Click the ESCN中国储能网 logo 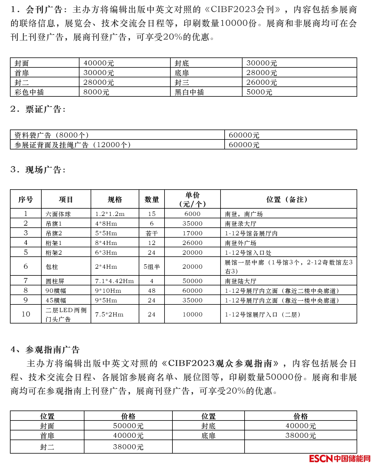340,459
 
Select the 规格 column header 115,200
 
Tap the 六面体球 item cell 58,214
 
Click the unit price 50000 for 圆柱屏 192,281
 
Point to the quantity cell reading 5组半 152,267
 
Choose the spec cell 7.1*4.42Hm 114,281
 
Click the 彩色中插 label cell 29,92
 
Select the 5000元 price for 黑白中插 259,92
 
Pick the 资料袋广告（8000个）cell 52,135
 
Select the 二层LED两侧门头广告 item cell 66,314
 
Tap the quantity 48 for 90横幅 152,291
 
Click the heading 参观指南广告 52,350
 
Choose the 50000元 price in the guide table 128,426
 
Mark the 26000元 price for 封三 262,83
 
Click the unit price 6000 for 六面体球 192,214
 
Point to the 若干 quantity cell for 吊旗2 152,233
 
